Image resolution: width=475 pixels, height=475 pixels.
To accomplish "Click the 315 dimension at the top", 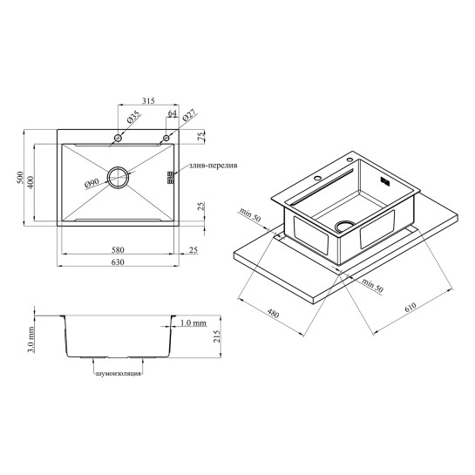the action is coord(148,100).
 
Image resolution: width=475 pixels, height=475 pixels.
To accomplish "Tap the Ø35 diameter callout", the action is coord(133,117).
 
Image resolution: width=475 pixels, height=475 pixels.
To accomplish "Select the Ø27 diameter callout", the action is coord(189,115).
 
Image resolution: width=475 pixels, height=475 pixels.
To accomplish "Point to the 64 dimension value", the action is coord(172,113).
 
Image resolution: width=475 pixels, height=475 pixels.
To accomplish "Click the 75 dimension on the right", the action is coord(200,136).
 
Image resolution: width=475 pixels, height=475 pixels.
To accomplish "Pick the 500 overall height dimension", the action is coord(20,178).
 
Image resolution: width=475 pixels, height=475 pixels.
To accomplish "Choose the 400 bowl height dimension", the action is coord(31,182).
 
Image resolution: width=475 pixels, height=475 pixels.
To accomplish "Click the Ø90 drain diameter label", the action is coord(92,183).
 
